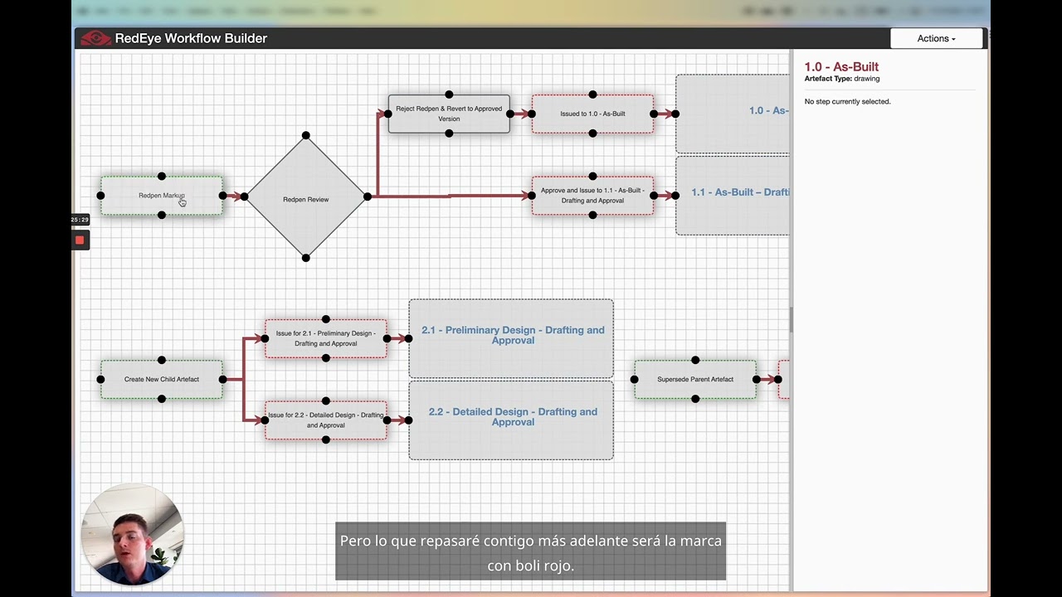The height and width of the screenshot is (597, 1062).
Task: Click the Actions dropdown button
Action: (936, 38)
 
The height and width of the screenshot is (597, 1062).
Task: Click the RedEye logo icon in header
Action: (95, 38)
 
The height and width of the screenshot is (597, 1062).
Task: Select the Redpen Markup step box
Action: (161, 196)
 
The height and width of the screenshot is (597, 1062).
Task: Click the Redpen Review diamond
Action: (305, 199)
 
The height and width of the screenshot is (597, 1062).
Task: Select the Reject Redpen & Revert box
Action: (448, 114)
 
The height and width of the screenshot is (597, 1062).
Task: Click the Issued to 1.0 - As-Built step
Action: (592, 114)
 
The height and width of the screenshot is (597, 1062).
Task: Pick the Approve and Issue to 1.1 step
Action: (592, 196)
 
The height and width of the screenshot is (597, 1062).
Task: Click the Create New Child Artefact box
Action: (161, 379)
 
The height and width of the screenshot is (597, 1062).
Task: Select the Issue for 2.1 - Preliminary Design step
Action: (325, 338)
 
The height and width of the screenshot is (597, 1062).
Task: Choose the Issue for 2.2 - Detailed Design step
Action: (325, 420)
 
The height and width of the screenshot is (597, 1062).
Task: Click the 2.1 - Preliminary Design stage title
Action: (512, 335)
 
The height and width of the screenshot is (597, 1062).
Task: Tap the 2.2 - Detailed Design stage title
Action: (512, 416)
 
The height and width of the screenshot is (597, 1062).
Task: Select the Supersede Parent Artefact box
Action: (694, 379)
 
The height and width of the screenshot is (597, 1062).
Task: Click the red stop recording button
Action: (80, 240)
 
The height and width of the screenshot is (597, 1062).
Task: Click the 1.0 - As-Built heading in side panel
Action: (841, 66)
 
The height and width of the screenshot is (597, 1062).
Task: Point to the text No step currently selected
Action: (847, 101)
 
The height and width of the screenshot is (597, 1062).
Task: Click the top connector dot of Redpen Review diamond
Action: (305, 135)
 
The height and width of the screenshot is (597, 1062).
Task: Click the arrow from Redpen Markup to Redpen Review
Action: (234, 197)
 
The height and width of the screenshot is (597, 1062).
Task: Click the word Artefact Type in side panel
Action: (827, 79)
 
